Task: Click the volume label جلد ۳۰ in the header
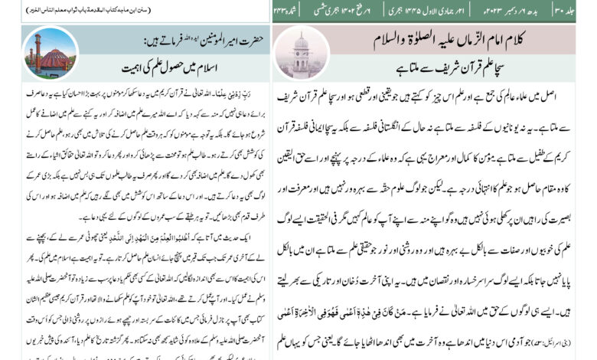[582, 11]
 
